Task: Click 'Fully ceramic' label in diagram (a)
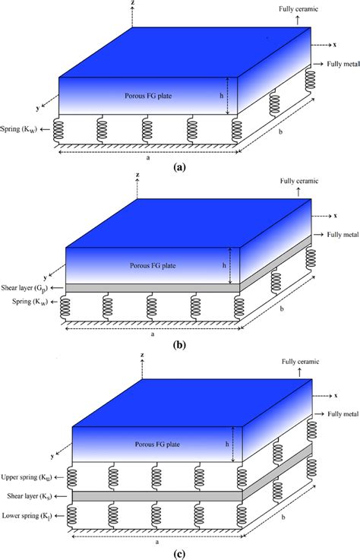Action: (x=317, y=8)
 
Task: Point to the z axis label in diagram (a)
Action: (x=134, y=4)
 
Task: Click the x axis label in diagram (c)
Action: (x=334, y=395)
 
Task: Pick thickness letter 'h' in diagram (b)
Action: (x=223, y=265)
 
